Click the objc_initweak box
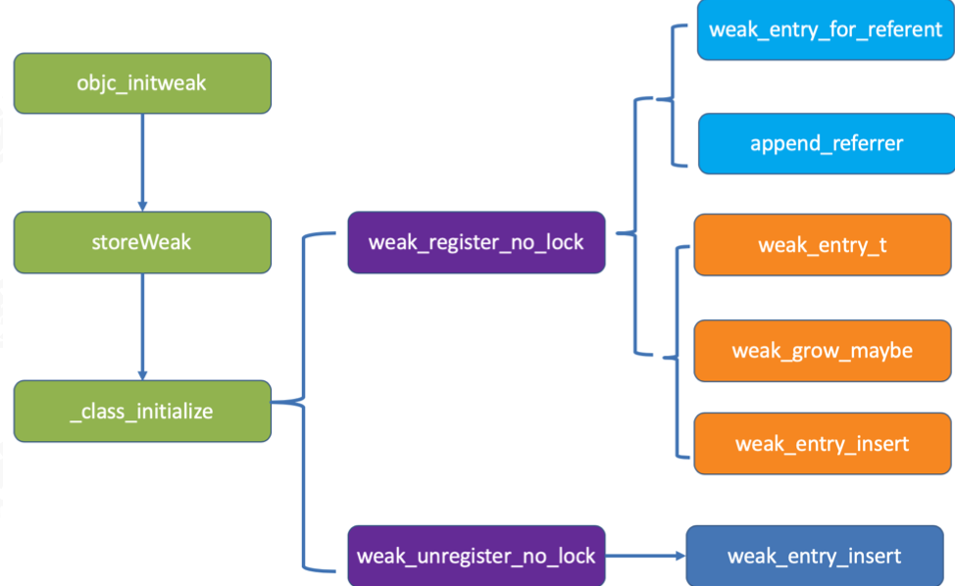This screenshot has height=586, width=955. [x=142, y=83]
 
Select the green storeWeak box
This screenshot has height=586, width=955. [x=142, y=242]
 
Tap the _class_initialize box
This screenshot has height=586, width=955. [x=142, y=412]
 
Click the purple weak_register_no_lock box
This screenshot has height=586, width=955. [x=477, y=242]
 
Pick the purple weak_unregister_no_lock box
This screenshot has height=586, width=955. [x=477, y=556]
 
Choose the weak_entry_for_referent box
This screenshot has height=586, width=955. [x=826, y=29]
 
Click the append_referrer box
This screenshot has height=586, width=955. [x=827, y=144]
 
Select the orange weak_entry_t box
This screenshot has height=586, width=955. [x=823, y=245]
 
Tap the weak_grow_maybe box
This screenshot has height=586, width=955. [x=823, y=351]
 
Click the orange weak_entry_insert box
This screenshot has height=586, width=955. [x=823, y=444]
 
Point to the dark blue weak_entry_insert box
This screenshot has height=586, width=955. [x=815, y=556]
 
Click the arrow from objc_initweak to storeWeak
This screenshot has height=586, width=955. [x=142, y=163]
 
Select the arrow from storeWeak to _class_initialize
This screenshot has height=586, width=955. [x=142, y=326]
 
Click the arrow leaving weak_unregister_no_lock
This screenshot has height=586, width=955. [x=645, y=556]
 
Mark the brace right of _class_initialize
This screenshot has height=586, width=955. [x=303, y=402]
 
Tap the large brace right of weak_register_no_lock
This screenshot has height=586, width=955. [x=635, y=232]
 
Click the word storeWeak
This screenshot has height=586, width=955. [x=141, y=242]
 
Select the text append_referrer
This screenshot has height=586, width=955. [x=827, y=144]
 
